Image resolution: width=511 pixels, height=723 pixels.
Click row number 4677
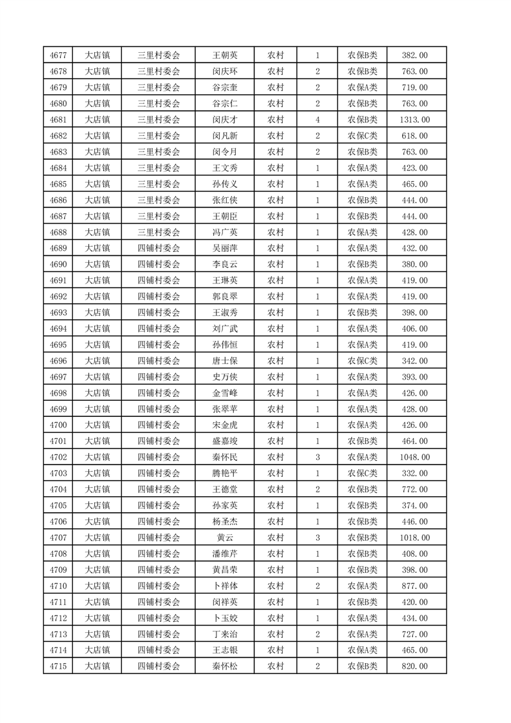point(59,55)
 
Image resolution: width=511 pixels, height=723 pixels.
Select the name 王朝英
point(225,55)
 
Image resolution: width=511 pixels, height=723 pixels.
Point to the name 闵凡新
point(225,136)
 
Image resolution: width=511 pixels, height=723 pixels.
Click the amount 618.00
point(414,136)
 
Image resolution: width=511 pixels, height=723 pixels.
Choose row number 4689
point(59,248)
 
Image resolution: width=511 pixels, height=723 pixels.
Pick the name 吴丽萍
point(225,248)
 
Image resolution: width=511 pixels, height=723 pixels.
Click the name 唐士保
point(225,361)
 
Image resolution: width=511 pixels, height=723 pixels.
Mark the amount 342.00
point(414,361)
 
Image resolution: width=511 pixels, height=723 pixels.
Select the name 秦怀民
point(225,457)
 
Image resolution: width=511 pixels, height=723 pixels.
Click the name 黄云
point(225,537)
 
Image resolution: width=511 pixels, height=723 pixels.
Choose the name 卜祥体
point(225,586)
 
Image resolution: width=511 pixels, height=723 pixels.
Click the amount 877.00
point(414,586)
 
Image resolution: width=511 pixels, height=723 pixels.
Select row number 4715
point(59,666)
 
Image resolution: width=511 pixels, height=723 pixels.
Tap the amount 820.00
point(414,666)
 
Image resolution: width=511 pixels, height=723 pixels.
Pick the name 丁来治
point(225,633)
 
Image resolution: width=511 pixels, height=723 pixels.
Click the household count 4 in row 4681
point(318,120)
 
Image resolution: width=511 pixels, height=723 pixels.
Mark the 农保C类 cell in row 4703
point(363,473)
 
